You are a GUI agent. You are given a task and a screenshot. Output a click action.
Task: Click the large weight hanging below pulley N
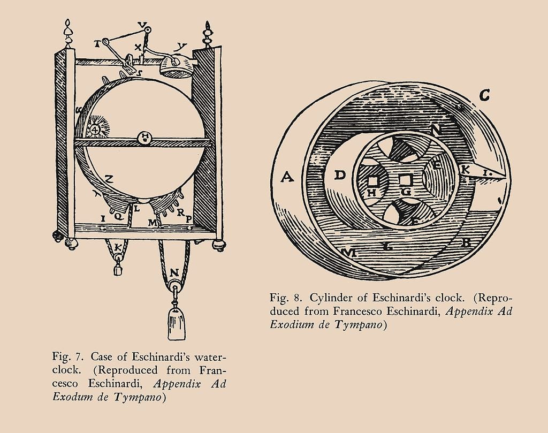pyautogui.click(x=177, y=324)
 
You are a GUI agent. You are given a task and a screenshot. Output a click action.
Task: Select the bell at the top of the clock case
pyautogui.click(x=176, y=66)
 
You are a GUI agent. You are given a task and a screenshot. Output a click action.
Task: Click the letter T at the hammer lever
pyautogui.click(x=97, y=44)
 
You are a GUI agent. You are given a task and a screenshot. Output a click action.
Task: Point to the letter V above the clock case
pyautogui.click(x=141, y=25)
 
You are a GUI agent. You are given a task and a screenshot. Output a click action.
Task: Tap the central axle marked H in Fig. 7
pyautogui.click(x=144, y=136)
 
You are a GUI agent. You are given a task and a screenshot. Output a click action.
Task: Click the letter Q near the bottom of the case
pyautogui.click(x=118, y=217)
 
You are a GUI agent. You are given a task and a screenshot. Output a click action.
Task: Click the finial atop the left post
pyautogui.click(x=68, y=34)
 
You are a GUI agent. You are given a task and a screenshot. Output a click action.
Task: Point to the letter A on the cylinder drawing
pyautogui.click(x=287, y=177)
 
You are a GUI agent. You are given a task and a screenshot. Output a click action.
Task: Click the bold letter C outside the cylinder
pyautogui.click(x=484, y=95)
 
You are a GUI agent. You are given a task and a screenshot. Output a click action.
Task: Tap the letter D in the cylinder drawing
pyautogui.click(x=339, y=175)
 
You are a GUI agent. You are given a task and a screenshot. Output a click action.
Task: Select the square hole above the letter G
pyautogui.click(x=405, y=180)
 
